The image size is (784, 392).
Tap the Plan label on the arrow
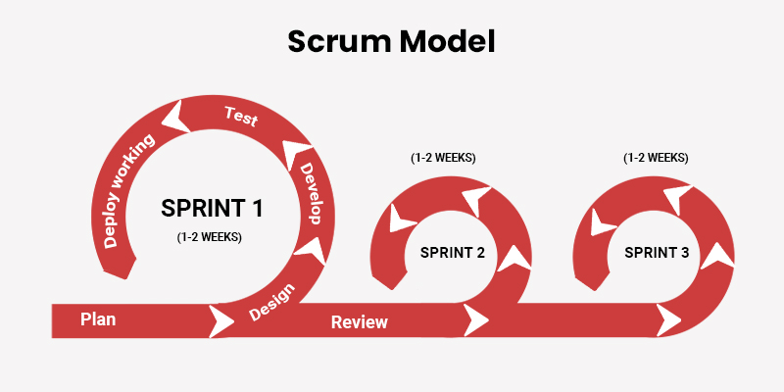(99, 319)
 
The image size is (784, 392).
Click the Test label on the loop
(240, 117)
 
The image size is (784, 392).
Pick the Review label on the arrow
(359, 321)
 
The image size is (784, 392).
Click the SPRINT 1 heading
(212, 208)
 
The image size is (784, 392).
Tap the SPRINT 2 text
(453, 252)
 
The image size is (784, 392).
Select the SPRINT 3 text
(657, 252)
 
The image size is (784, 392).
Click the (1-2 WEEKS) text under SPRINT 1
(210, 236)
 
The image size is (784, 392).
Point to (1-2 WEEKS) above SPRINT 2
(443, 157)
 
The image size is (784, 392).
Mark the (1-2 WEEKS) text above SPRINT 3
(656, 157)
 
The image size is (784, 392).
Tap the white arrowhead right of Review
(476, 319)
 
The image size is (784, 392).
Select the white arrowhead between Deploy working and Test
(176, 119)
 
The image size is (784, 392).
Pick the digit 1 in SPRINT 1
(257, 208)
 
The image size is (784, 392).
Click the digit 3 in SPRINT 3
(684, 252)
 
